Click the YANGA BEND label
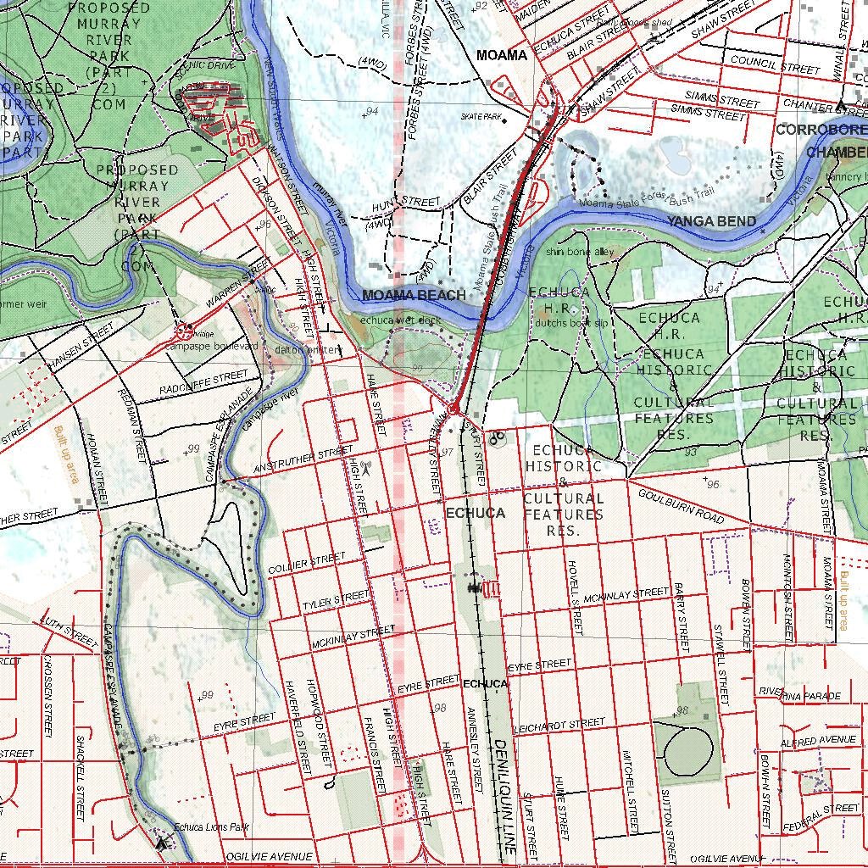point(710,221)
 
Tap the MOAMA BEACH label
point(414,295)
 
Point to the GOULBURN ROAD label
point(682,506)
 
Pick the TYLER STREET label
point(337,601)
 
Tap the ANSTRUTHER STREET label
point(303,460)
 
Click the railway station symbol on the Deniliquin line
point(475,587)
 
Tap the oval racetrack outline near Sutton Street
point(688,751)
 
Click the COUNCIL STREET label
point(775,65)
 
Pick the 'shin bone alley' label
point(580,252)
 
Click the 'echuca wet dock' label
point(400,320)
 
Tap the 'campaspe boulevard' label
point(211,347)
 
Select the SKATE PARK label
point(481,116)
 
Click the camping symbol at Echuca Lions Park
point(161,843)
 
